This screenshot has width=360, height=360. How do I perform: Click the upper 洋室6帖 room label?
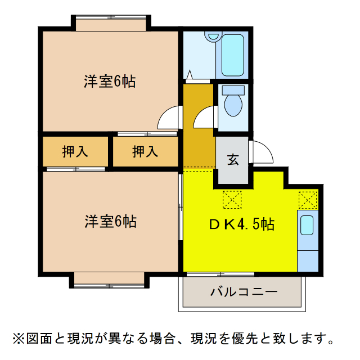[110, 82]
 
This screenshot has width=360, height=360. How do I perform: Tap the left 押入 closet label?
[75, 151]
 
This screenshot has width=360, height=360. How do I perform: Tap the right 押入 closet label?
[145, 151]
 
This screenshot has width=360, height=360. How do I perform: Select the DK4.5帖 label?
[242, 224]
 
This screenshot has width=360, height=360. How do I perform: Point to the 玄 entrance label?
[233, 159]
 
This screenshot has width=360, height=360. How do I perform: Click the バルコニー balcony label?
[244, 292]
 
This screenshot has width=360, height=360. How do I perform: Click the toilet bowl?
[232, 103]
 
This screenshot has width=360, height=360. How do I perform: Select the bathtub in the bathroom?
[233, 55]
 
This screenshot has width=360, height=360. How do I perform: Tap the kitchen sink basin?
[307, 225]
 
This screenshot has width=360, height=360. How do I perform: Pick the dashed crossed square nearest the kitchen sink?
[308, 200]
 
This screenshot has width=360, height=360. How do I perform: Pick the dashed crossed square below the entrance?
[232, 199]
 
